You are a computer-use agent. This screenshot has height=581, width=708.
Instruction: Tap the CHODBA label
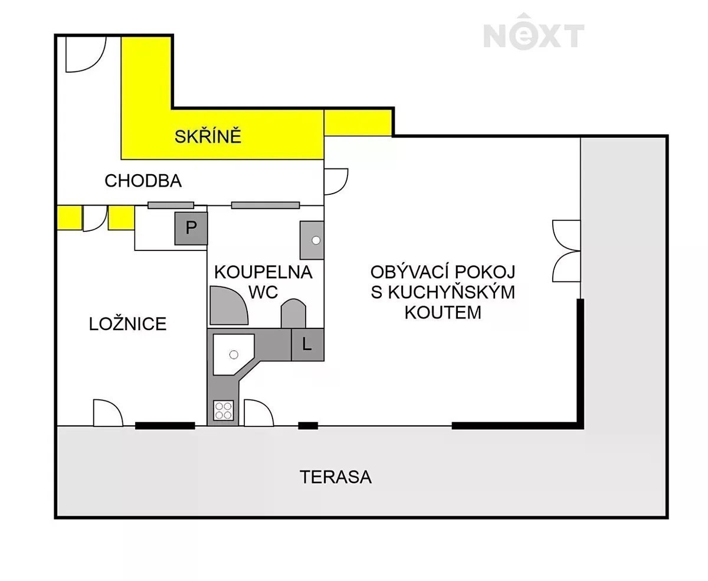click(x=143, y=181)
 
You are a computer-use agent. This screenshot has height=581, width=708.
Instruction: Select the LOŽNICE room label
click(x=127, y=324)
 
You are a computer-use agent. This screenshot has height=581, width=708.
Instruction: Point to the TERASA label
click(x=336, y=477)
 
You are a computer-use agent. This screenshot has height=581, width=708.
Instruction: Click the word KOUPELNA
click(x=264, y=272)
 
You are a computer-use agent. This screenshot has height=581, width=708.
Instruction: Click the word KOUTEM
click(x=443, y=312)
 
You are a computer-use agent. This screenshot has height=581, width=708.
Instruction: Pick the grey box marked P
click(x=191, y=228)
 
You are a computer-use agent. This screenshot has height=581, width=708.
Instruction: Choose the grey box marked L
click(x=307, y=344)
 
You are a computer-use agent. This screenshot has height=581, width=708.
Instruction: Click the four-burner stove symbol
click(x=224, y=410)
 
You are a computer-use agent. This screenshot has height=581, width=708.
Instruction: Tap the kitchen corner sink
click(x=233, y=354)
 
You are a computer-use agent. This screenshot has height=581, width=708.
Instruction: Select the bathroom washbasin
click(x=312, y=240)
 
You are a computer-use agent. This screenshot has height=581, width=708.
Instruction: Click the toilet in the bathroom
click(x=293, y=313)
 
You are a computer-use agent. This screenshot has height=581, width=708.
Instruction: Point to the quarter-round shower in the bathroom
click(x=229, y=306)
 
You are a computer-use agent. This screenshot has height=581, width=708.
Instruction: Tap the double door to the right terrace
click(x=566, y=251)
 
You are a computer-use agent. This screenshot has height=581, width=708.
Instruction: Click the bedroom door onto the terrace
click(x=108, y=413)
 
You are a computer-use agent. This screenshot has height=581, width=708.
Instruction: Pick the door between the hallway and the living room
click(x=336, y=181)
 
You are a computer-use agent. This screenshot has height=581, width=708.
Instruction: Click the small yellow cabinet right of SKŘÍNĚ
click(x=358, y=123)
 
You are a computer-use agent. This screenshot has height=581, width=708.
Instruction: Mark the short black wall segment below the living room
click(x=308, y=426)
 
